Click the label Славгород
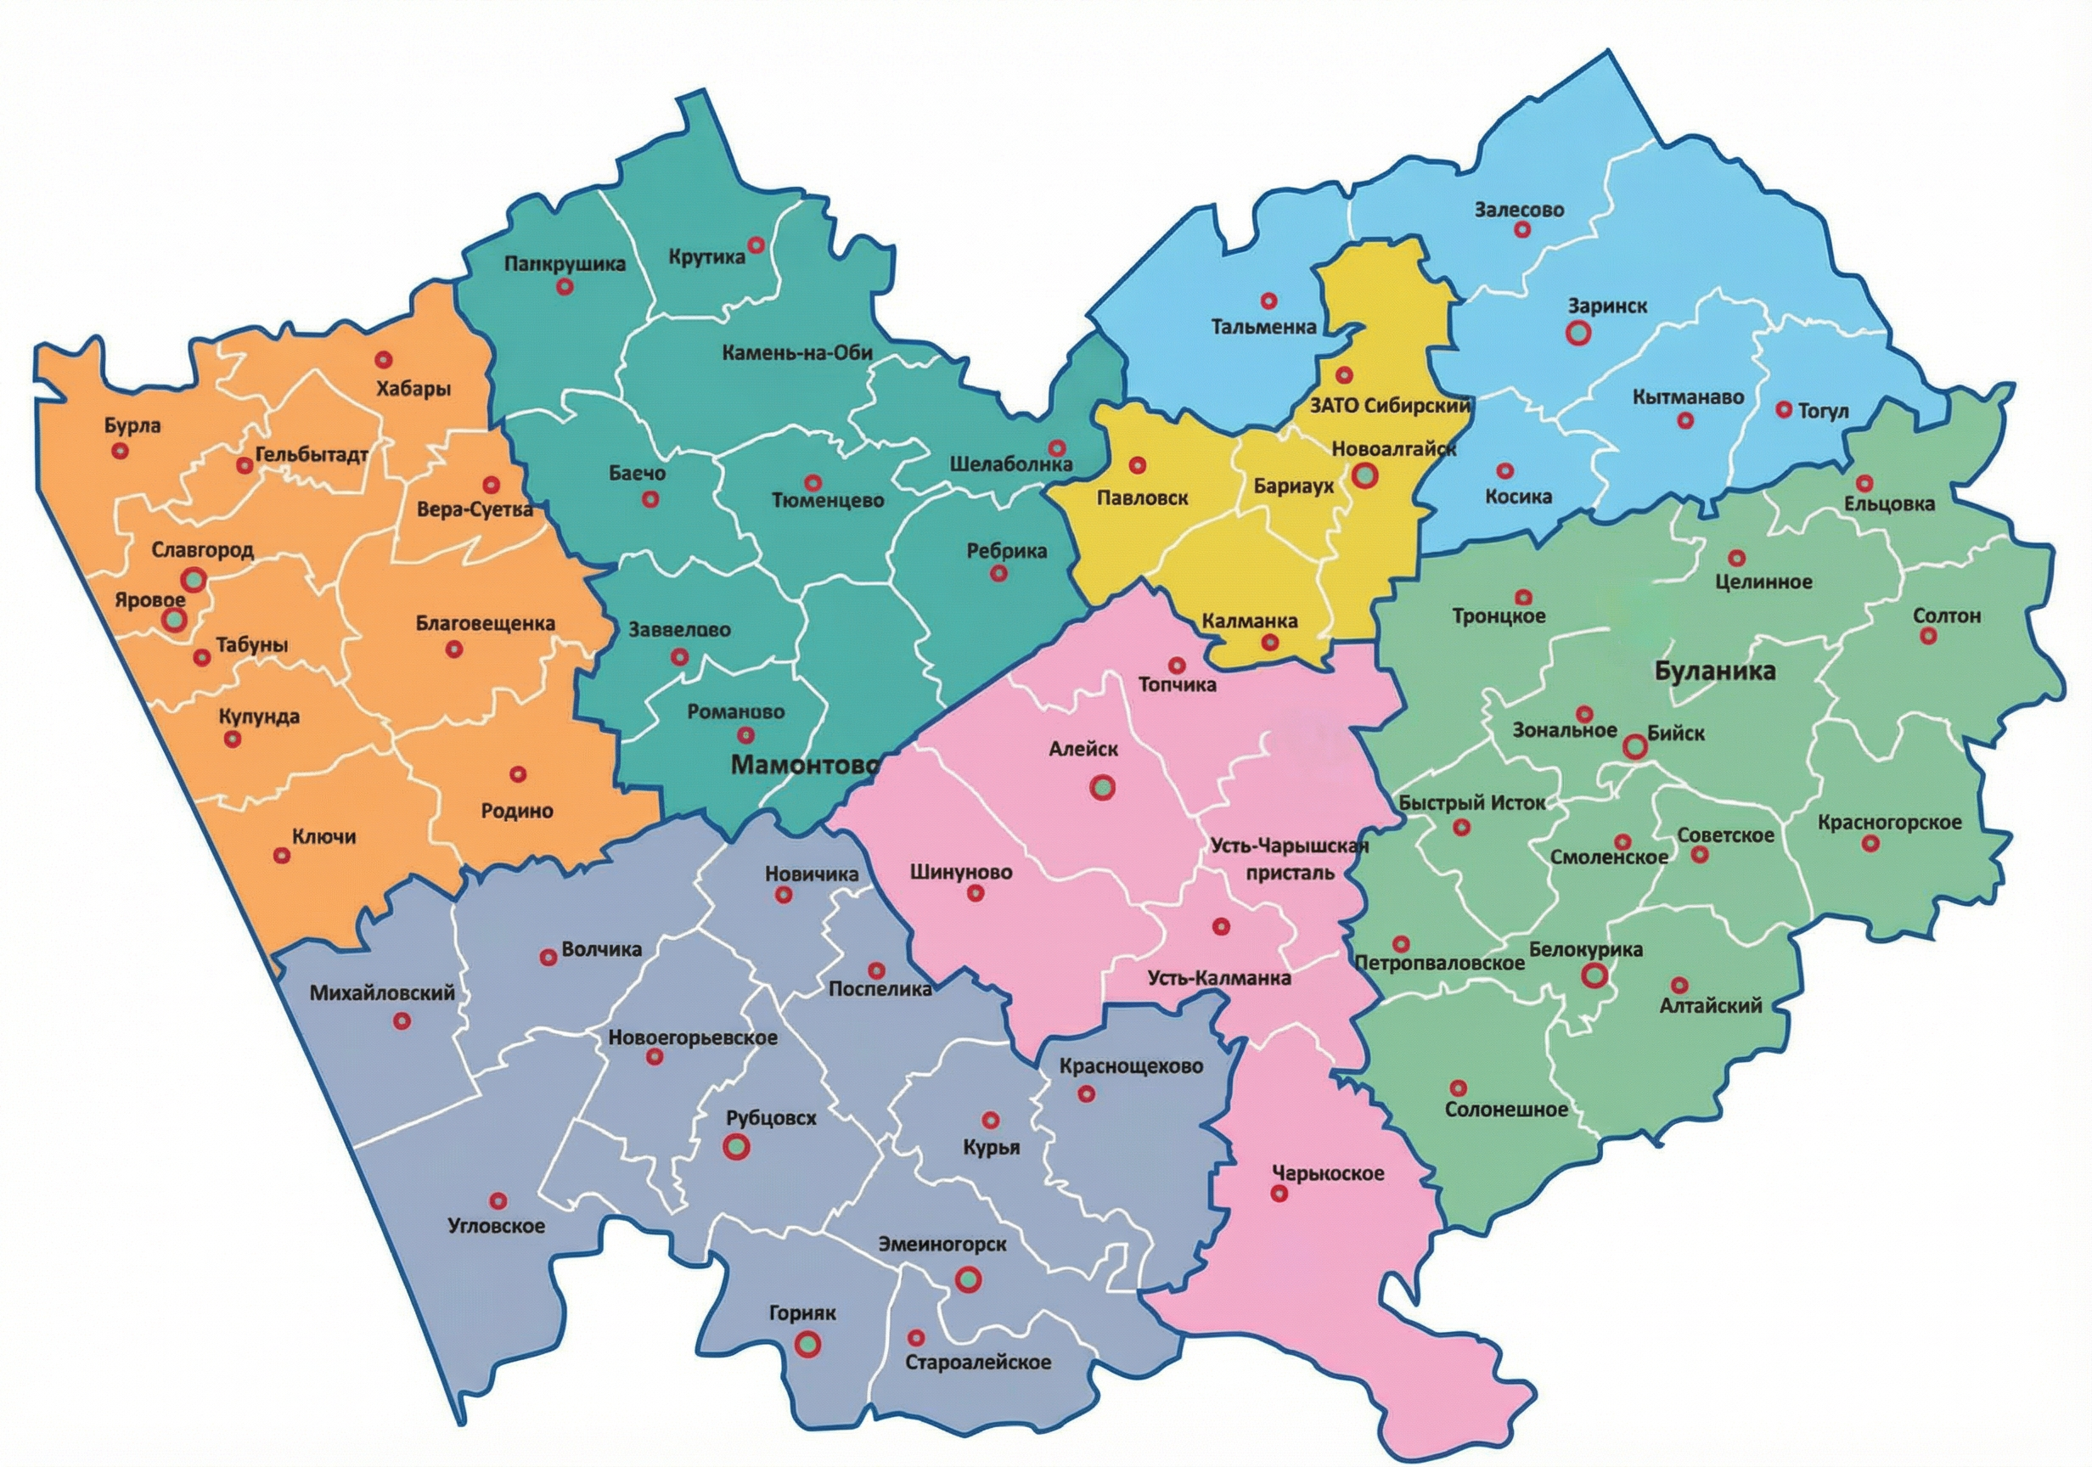coord(202,550)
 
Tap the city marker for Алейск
coord(1104,787)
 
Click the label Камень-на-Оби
coord(797,352)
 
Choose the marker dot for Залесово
coord(1521,229)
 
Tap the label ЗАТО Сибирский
coord(1390,407)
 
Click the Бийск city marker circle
coord(1634,747)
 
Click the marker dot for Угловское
coord(498,1200)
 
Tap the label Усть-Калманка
coord(1219,979)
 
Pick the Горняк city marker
coord(807,1343)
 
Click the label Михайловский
coord(382,993)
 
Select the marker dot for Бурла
coord(119,451)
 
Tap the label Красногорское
coord(1889,823)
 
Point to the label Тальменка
coord(1263,326)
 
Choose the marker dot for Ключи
coord(282,856)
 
